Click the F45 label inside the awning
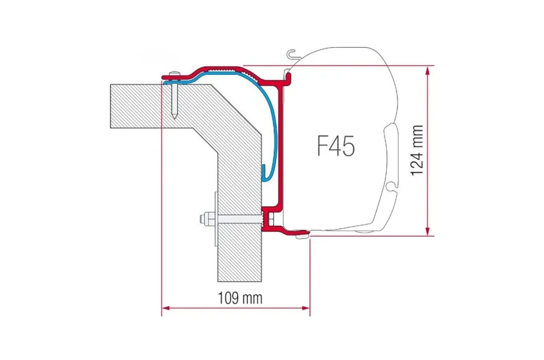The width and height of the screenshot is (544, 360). pos(336,146)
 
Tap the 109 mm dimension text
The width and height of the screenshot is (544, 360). pos(240,297)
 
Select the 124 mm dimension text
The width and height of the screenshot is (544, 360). pos(417,150)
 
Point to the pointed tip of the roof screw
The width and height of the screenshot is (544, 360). pos(175,117)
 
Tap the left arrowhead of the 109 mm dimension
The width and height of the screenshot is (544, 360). pos(166,308)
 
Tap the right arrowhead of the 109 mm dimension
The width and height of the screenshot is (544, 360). pos(306,308)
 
